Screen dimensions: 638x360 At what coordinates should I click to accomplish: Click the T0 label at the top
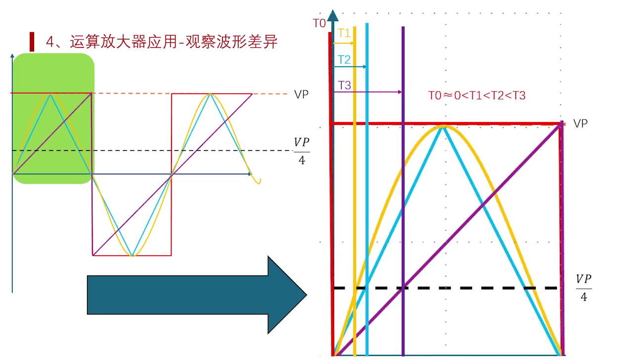tap(319, 23)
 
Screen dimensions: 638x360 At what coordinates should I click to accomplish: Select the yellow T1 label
tap(344, 33)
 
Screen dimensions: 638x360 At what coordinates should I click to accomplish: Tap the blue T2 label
tap(344, 60)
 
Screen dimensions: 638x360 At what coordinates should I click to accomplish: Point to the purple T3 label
tap(344, 85)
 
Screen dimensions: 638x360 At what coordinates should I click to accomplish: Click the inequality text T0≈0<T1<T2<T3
tap(476, 96)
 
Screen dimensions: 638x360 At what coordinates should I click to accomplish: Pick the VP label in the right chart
tap(580, 123)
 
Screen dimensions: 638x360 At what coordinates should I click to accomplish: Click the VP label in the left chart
tap(301, 94)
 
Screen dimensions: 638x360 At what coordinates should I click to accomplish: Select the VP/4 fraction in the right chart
tap(584, 287)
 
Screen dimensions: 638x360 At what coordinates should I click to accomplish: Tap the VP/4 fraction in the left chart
tap(301, 151)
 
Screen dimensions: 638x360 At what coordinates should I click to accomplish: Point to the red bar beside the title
tap(32, 42)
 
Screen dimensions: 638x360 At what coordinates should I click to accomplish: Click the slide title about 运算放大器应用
tap(162, 42)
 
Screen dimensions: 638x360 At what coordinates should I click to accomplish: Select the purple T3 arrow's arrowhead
tap(399, 92)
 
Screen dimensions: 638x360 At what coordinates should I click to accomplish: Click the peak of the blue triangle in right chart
tap(444, 127)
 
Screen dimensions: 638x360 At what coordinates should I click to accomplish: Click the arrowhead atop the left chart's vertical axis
tap(12, 55)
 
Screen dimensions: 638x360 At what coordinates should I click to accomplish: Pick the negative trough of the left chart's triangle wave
tap(132, 256)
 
